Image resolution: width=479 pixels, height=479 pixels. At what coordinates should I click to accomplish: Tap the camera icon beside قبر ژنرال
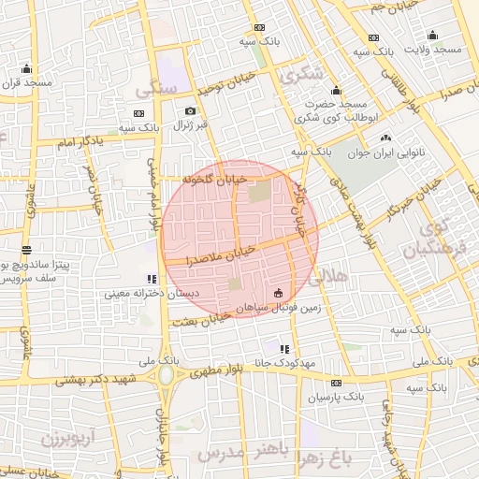coord(191,111)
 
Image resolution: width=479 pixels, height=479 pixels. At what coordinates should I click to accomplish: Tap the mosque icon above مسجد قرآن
coord(25,68)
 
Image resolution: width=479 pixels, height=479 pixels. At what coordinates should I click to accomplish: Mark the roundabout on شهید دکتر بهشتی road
coord(167,376)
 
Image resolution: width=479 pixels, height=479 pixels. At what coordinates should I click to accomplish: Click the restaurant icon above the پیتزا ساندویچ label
coord(26,251)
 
